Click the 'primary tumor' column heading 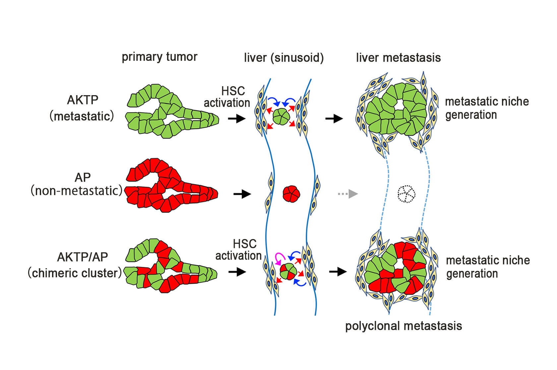(159, 57)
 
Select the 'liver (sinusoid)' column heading (284, 58)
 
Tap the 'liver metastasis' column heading (399, 58)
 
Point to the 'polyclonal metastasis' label (403, 326)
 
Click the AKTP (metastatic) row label (82, 108)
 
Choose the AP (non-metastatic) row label (77, 184)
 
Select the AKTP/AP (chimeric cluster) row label (75, 265)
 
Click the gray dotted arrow (348, 194)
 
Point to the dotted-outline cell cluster (406, 194)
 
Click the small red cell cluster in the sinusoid (291, 194)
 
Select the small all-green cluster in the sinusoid (281, 116)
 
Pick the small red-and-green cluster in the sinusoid (288, 272)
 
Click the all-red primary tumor (171, 185)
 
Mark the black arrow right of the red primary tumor (242, 194)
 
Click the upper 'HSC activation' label (227, 97)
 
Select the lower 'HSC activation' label (238, 250)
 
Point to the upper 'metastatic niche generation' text (487, 108)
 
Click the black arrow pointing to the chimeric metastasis (338, 272)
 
